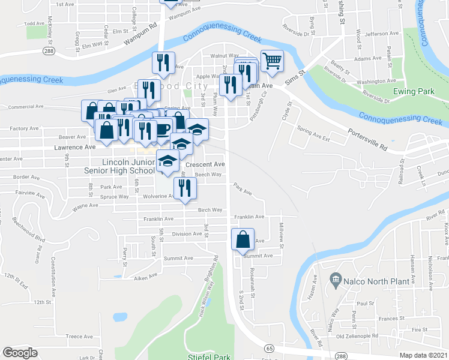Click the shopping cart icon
(x=272, y=59)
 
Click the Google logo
(x=20, y=353)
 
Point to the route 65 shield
(x=269, y=348)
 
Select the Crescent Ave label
(x=205, y=164)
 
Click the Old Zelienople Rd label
(x=357, y=336)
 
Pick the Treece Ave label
(x=79, y=337)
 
